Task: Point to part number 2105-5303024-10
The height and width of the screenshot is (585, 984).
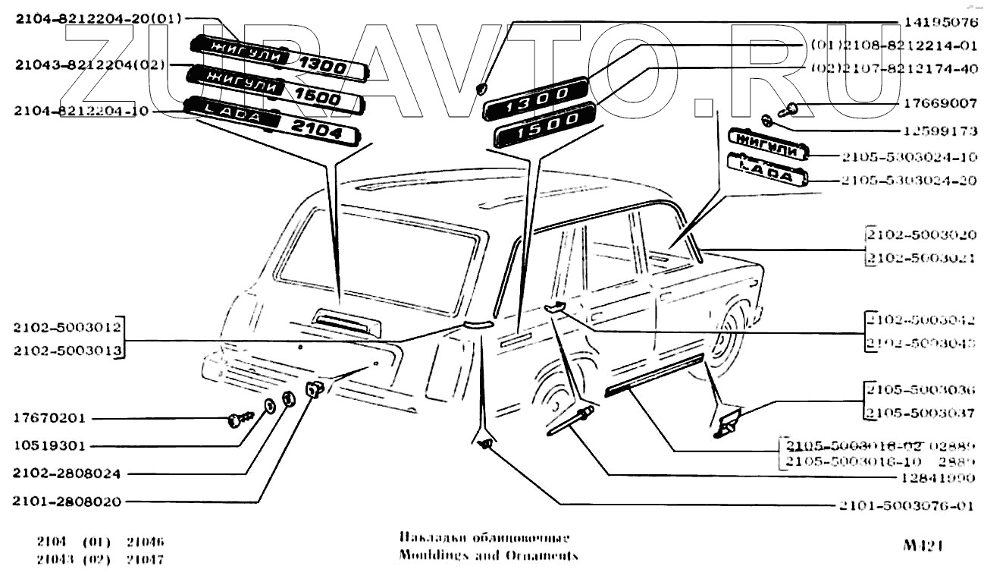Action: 909,157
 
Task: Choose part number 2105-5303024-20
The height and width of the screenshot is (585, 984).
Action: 909,181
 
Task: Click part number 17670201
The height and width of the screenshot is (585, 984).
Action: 50,419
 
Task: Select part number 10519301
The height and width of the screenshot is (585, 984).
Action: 50,446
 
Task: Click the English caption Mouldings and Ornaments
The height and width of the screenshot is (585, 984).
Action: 488,555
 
